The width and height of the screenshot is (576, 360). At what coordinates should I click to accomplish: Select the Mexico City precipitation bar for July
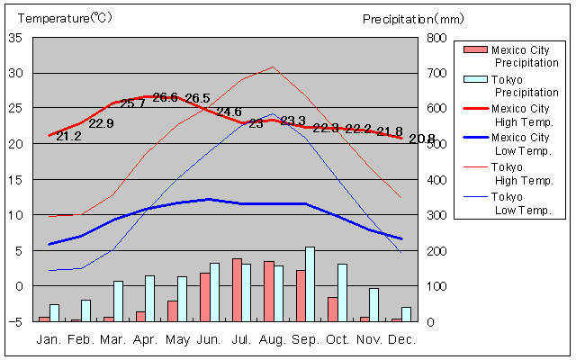[237, 290]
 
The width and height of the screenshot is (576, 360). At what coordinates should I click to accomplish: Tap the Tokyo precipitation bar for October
[342, 292]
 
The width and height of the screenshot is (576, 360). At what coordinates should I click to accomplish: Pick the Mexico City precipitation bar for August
[268, 291]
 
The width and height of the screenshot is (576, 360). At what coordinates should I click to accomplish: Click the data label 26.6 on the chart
[165, 97]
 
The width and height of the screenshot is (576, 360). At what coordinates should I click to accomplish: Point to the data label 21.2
[68, 136]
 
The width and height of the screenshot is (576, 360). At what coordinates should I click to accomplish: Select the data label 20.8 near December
[421, 139]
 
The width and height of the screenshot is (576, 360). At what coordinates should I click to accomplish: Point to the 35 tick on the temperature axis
[15, 38]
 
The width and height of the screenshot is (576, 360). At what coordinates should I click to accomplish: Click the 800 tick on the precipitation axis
[435, 38]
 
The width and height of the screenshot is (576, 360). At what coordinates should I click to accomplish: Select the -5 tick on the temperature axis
[15, 321]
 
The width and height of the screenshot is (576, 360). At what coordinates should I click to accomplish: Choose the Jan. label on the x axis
[49, 339]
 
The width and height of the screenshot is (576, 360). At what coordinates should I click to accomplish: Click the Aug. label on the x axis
[274, 339]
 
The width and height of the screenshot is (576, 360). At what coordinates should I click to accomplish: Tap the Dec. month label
[401, 339]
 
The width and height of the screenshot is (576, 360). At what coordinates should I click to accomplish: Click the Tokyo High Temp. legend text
[521, 173]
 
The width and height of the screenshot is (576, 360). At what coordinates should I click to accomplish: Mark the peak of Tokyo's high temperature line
[274, 67]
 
